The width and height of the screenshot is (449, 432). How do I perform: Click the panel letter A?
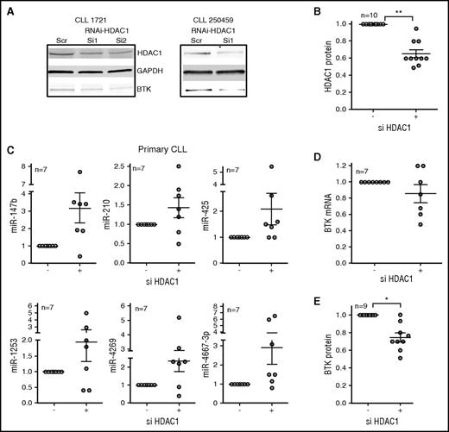click(x=9, y=8)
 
